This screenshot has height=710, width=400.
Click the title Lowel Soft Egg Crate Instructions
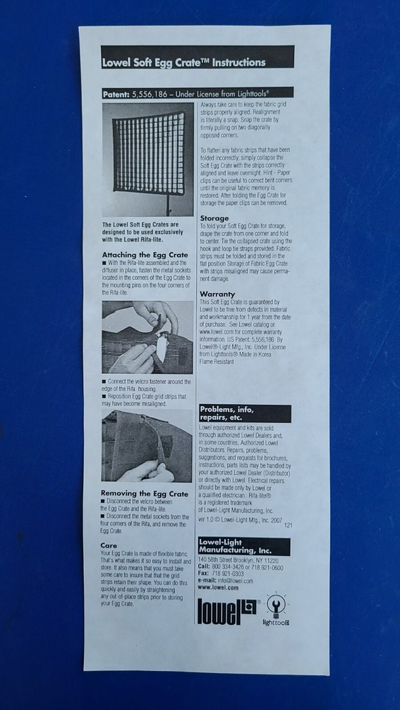tap(184, 62)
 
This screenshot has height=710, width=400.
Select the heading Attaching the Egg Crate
tap(144, 254)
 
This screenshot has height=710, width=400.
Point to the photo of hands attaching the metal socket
tap(146, 337)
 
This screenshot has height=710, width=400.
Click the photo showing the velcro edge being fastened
tap(146, 447)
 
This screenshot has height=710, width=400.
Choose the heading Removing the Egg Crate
tap(144, 493)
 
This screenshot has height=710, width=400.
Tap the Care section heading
tap(109, 545)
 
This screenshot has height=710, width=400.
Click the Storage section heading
tap(214, 218)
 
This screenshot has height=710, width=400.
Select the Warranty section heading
tap(217, 293)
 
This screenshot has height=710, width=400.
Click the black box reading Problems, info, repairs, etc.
tap(244, 413)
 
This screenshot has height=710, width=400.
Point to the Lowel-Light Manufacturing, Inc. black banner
tap(244, 547)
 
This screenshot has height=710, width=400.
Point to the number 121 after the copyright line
tap(288, 525)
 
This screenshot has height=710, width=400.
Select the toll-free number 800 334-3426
tap(228, 567)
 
